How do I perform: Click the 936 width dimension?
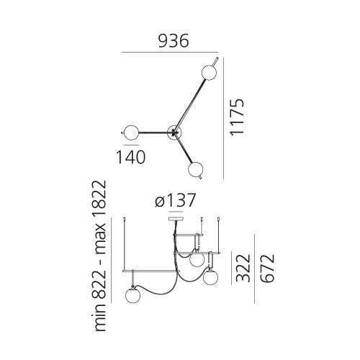pos(174,41)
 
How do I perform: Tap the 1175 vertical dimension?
pos(237,117)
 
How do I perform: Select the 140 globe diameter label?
pos(131,157)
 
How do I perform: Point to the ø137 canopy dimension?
pos(175,200)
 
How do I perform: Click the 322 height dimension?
pos(243,268)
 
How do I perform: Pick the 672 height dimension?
pos(266,268)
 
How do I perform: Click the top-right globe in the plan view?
pos(209,72)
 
